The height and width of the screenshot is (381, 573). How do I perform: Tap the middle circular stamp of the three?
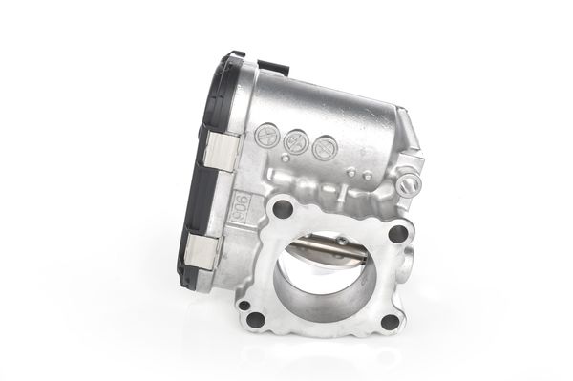pos(295,141)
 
